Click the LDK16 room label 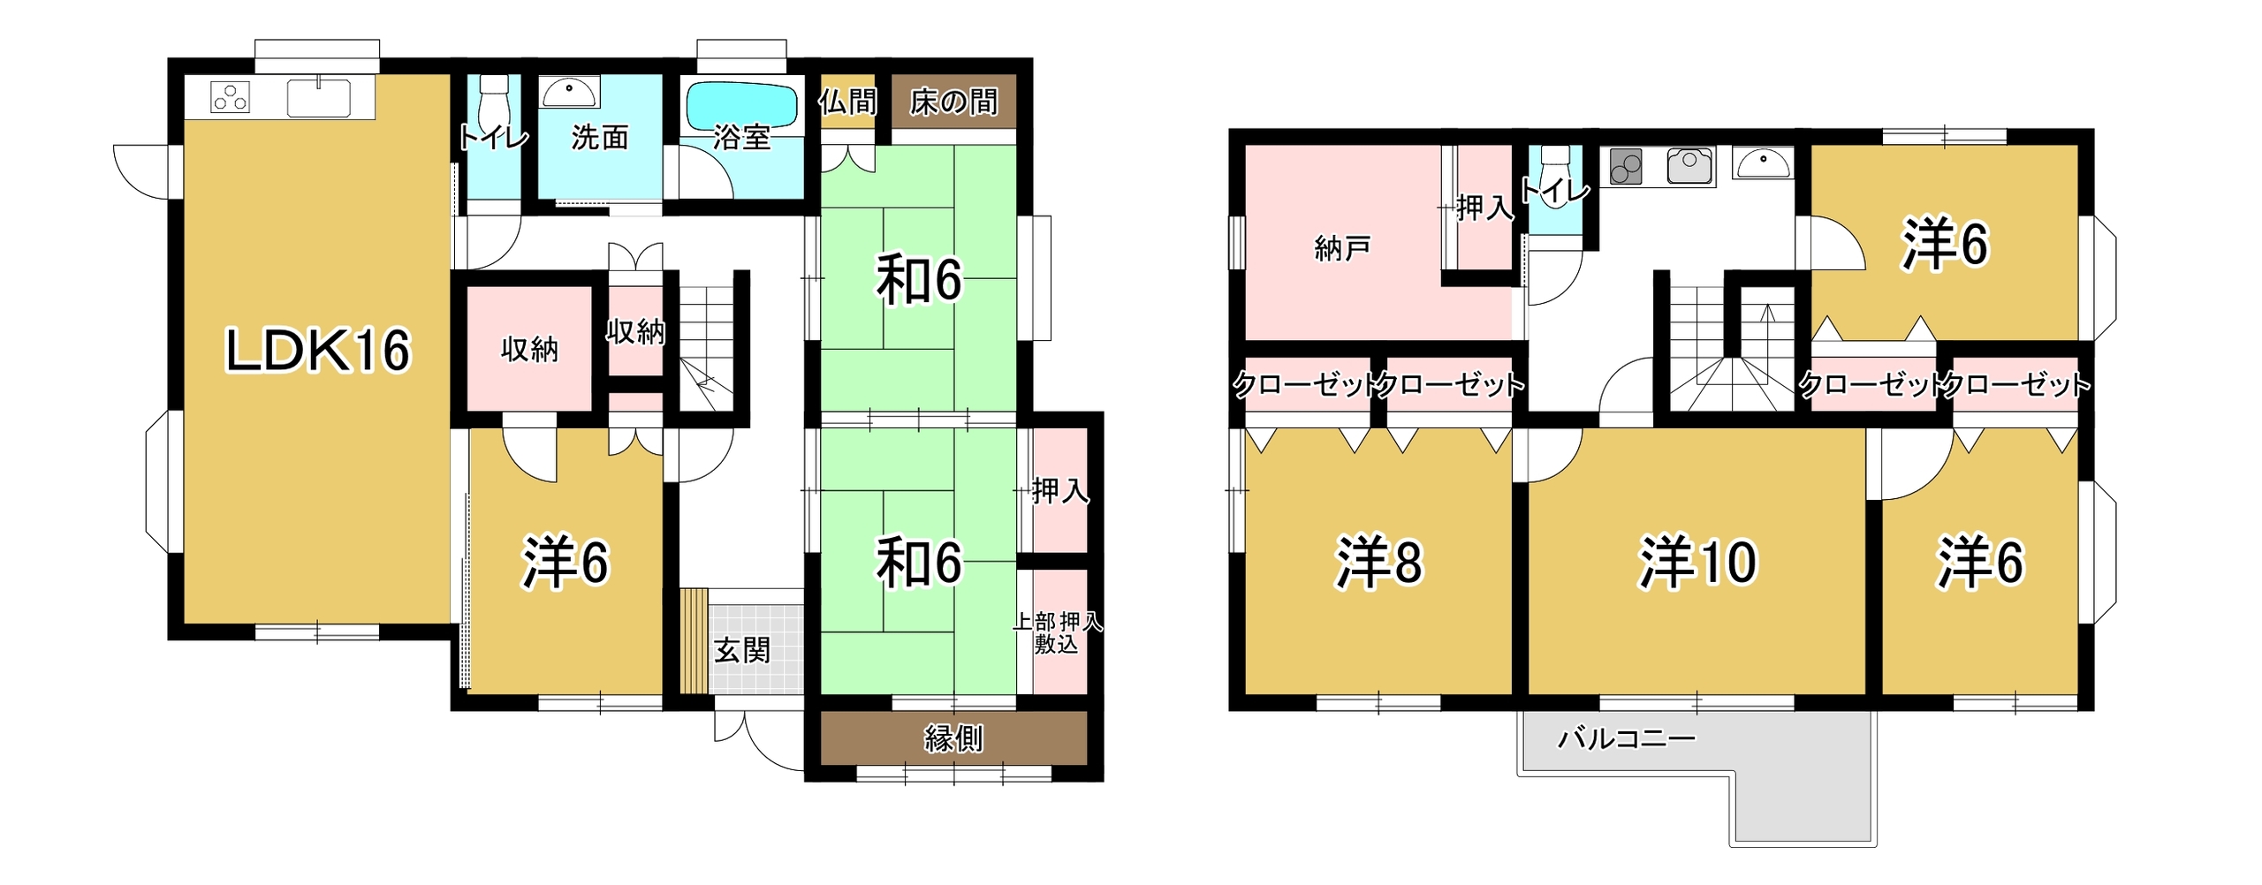pos(318,350)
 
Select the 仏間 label pos(847,102)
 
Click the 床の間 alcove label pos(953,102)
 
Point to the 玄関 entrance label pos(741,651)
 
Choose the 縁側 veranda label pos(953,738)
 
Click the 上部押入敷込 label pos(1057,632)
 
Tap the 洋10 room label pos(1697,562)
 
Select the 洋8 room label pos(1378,562)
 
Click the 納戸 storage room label pos(1342,248)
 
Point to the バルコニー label pos(1626,738)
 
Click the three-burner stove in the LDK pos(230,97)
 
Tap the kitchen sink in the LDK pos(318,97)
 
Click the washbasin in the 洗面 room pos(569,91)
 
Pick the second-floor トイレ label pos(1555,191)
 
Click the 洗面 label pos(600,138)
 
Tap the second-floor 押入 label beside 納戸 pos(1484,208)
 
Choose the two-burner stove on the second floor pos(1626,166)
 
